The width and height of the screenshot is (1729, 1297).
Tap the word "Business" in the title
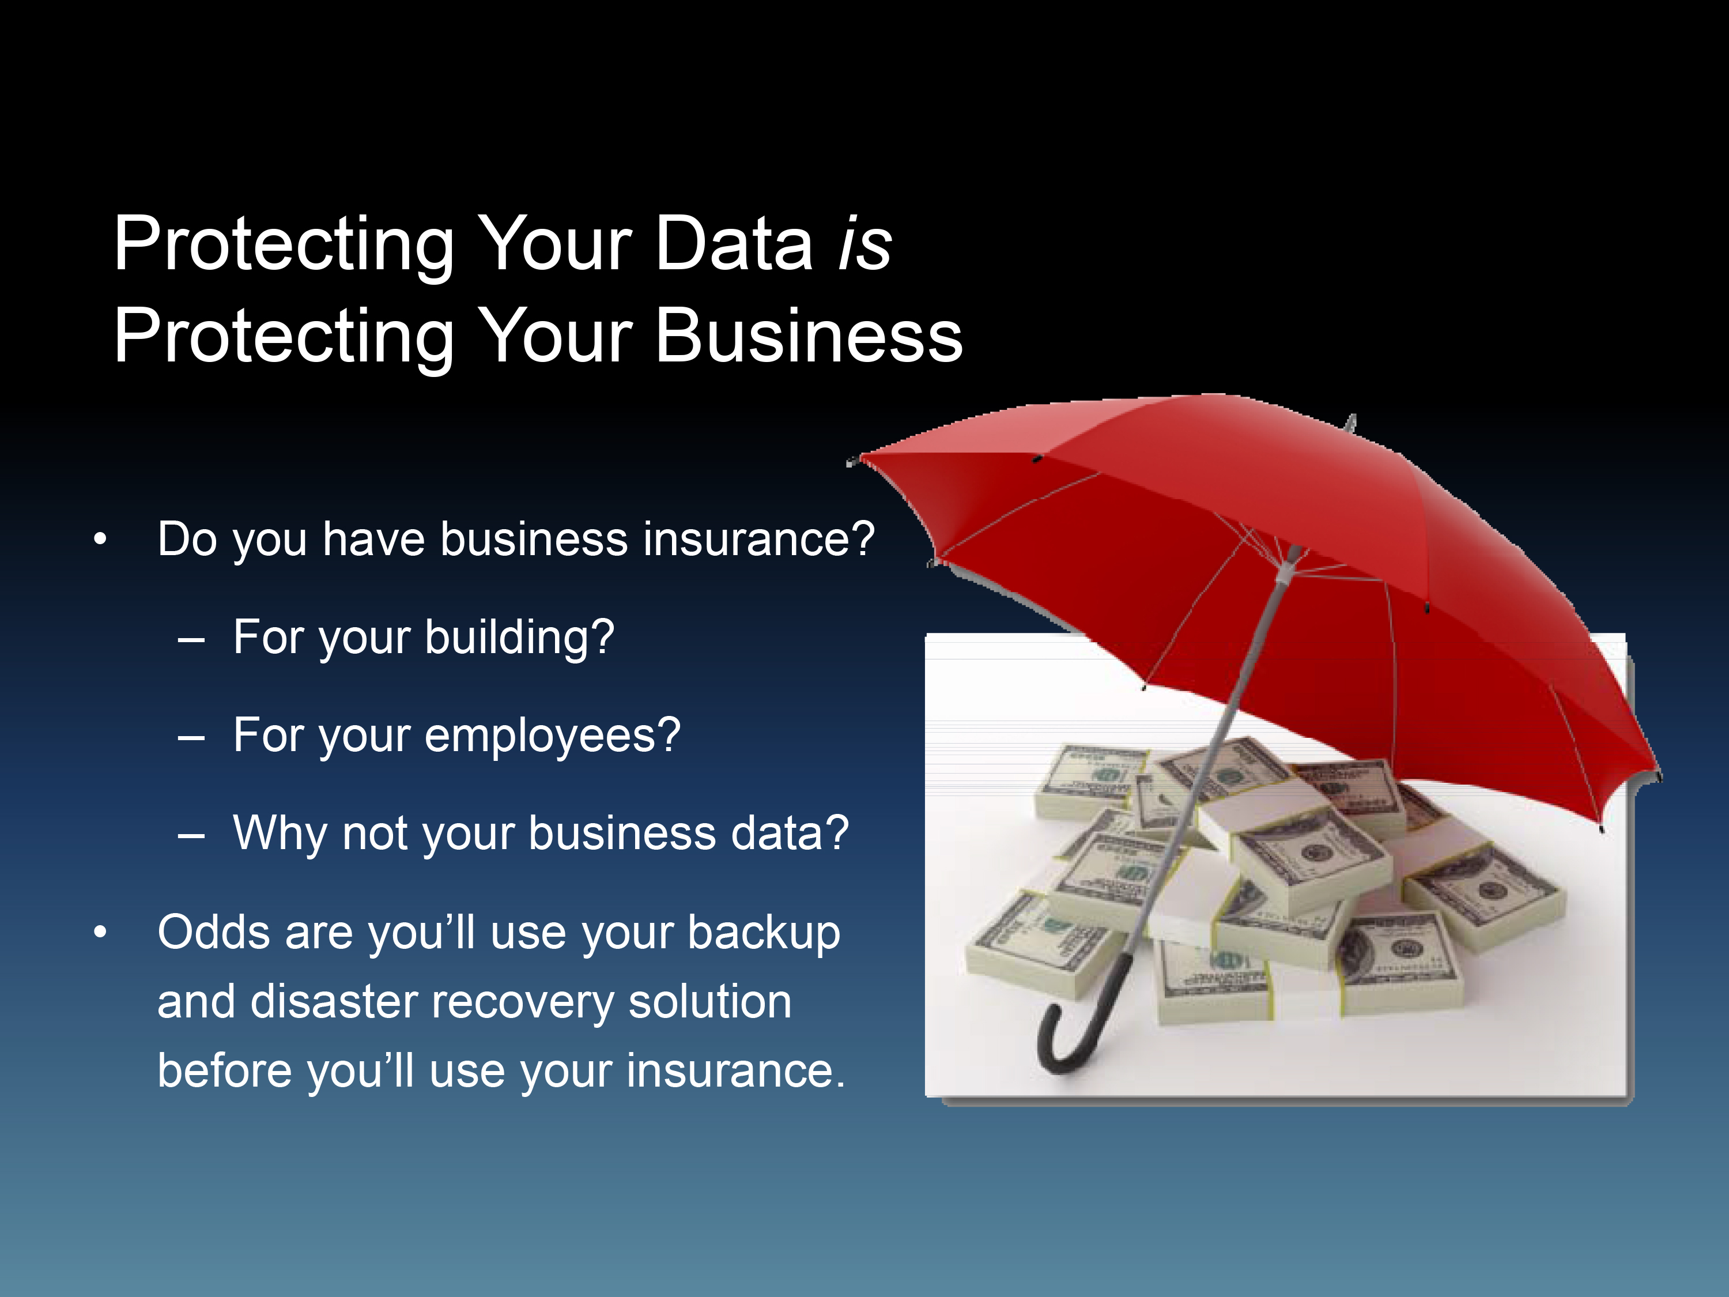pyautogui.click(x=809, y=335)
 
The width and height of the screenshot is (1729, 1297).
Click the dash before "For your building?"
pyautogui.click(x=191, y=641)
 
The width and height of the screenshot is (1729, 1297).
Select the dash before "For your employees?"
pyautogui.click(x=191, y=738)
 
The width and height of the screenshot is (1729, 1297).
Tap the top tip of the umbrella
pyautogui.click(x=1352, y=416)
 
